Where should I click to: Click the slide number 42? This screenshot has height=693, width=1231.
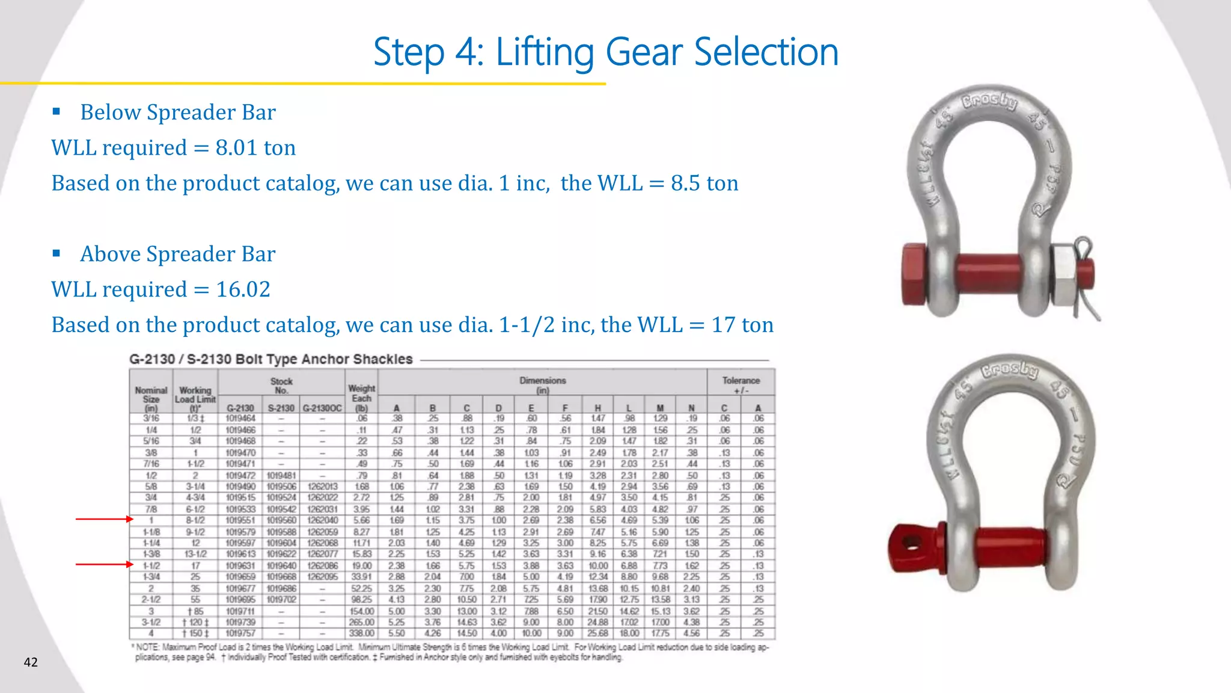(x=31, y=662)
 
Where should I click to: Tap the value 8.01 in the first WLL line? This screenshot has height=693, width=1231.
(x=236, y=148)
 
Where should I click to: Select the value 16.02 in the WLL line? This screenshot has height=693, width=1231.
(x=243, y=289)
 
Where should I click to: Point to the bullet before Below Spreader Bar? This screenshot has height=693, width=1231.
(x=57, y=111)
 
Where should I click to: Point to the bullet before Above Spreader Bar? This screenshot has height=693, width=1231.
(x=57, y=253)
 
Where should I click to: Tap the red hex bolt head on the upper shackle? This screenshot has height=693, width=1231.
(x=915, y=274)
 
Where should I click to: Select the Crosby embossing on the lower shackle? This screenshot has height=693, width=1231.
(x=1010, y=370)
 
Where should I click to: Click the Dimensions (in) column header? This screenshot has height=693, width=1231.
(x=542, y=385)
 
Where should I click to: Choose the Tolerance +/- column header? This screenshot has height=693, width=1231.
(x=741, y=385)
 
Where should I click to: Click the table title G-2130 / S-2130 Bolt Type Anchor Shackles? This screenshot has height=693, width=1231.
(x=270, y=360)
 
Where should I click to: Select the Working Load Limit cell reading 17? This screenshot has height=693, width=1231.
(x=195, y=565)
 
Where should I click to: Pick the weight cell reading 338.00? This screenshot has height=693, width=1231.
(x=361, y=633)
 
